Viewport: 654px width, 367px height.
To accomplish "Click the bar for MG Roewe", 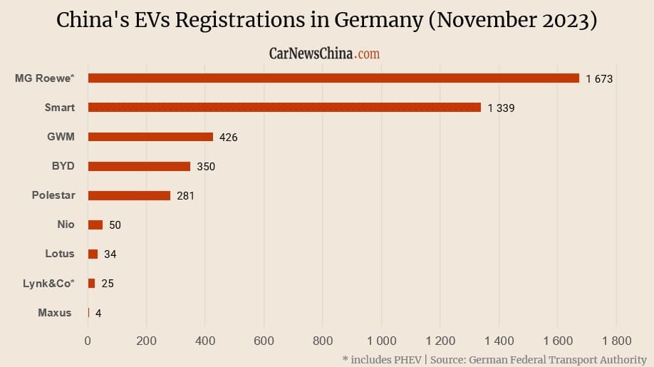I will coord(333,78).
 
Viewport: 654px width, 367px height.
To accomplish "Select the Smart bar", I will coord(284,108).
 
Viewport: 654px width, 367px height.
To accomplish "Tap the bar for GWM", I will coord(150,137).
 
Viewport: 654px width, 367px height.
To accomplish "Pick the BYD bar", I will coord(139,166).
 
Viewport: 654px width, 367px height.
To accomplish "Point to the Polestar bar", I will coord(129,195).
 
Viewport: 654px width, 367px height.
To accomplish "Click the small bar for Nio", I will coord(95,224).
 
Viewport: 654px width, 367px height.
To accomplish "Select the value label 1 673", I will coord(599,79).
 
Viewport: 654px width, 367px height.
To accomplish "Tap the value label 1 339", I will coord(501,108).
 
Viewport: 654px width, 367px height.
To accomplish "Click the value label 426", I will coord(229,138).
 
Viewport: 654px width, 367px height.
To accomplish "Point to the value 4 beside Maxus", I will coord(98,313).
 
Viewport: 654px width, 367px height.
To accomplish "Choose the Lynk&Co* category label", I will coord(48,283).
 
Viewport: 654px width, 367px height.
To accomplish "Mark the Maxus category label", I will coord(54,312).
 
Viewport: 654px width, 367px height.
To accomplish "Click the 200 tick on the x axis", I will coord(147,341).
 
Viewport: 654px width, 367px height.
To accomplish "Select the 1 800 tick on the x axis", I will coord(616,341).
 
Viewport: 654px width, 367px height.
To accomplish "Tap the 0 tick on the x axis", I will coord(88,341).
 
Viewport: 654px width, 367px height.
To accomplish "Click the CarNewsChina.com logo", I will coord(324,53).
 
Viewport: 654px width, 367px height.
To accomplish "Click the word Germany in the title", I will coord(375,21).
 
